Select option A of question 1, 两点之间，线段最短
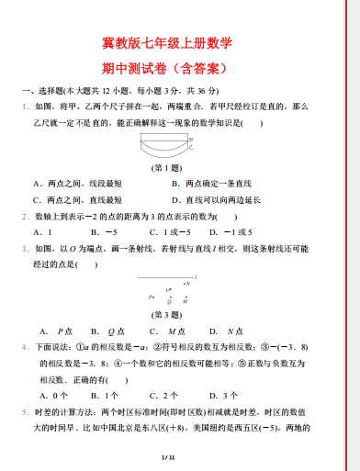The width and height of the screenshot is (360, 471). tap(77, 184)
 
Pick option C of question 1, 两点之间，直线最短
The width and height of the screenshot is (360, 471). tap(77, 199)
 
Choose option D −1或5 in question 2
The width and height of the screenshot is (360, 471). tap(237, 232)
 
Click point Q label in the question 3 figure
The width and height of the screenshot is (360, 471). tap(168, 301)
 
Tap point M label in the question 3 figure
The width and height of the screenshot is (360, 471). tap(186, 301)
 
